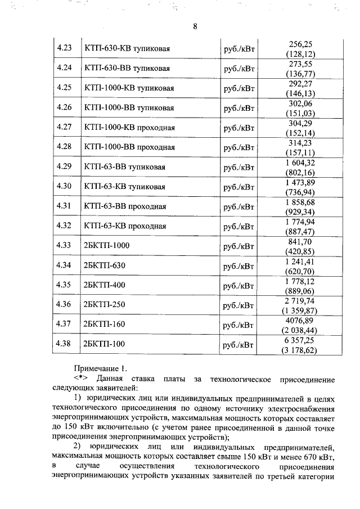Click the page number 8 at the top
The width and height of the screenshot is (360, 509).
coord(195,26)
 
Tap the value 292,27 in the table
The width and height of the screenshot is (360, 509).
coord(300,84)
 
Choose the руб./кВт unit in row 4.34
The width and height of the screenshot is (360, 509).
coord(239,265)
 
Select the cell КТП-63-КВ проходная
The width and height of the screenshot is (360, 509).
coord(124,226)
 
